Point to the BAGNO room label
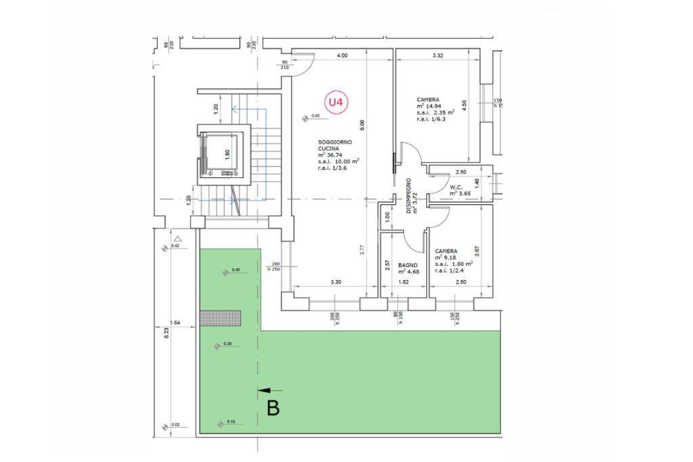click(407, 265)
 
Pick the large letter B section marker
click(273, 408)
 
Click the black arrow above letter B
click(271, 390)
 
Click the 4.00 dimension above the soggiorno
click(342, 56)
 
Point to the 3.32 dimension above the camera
click(437, 56)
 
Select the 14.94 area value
click(432, 106)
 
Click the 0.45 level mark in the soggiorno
click(315, 116)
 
